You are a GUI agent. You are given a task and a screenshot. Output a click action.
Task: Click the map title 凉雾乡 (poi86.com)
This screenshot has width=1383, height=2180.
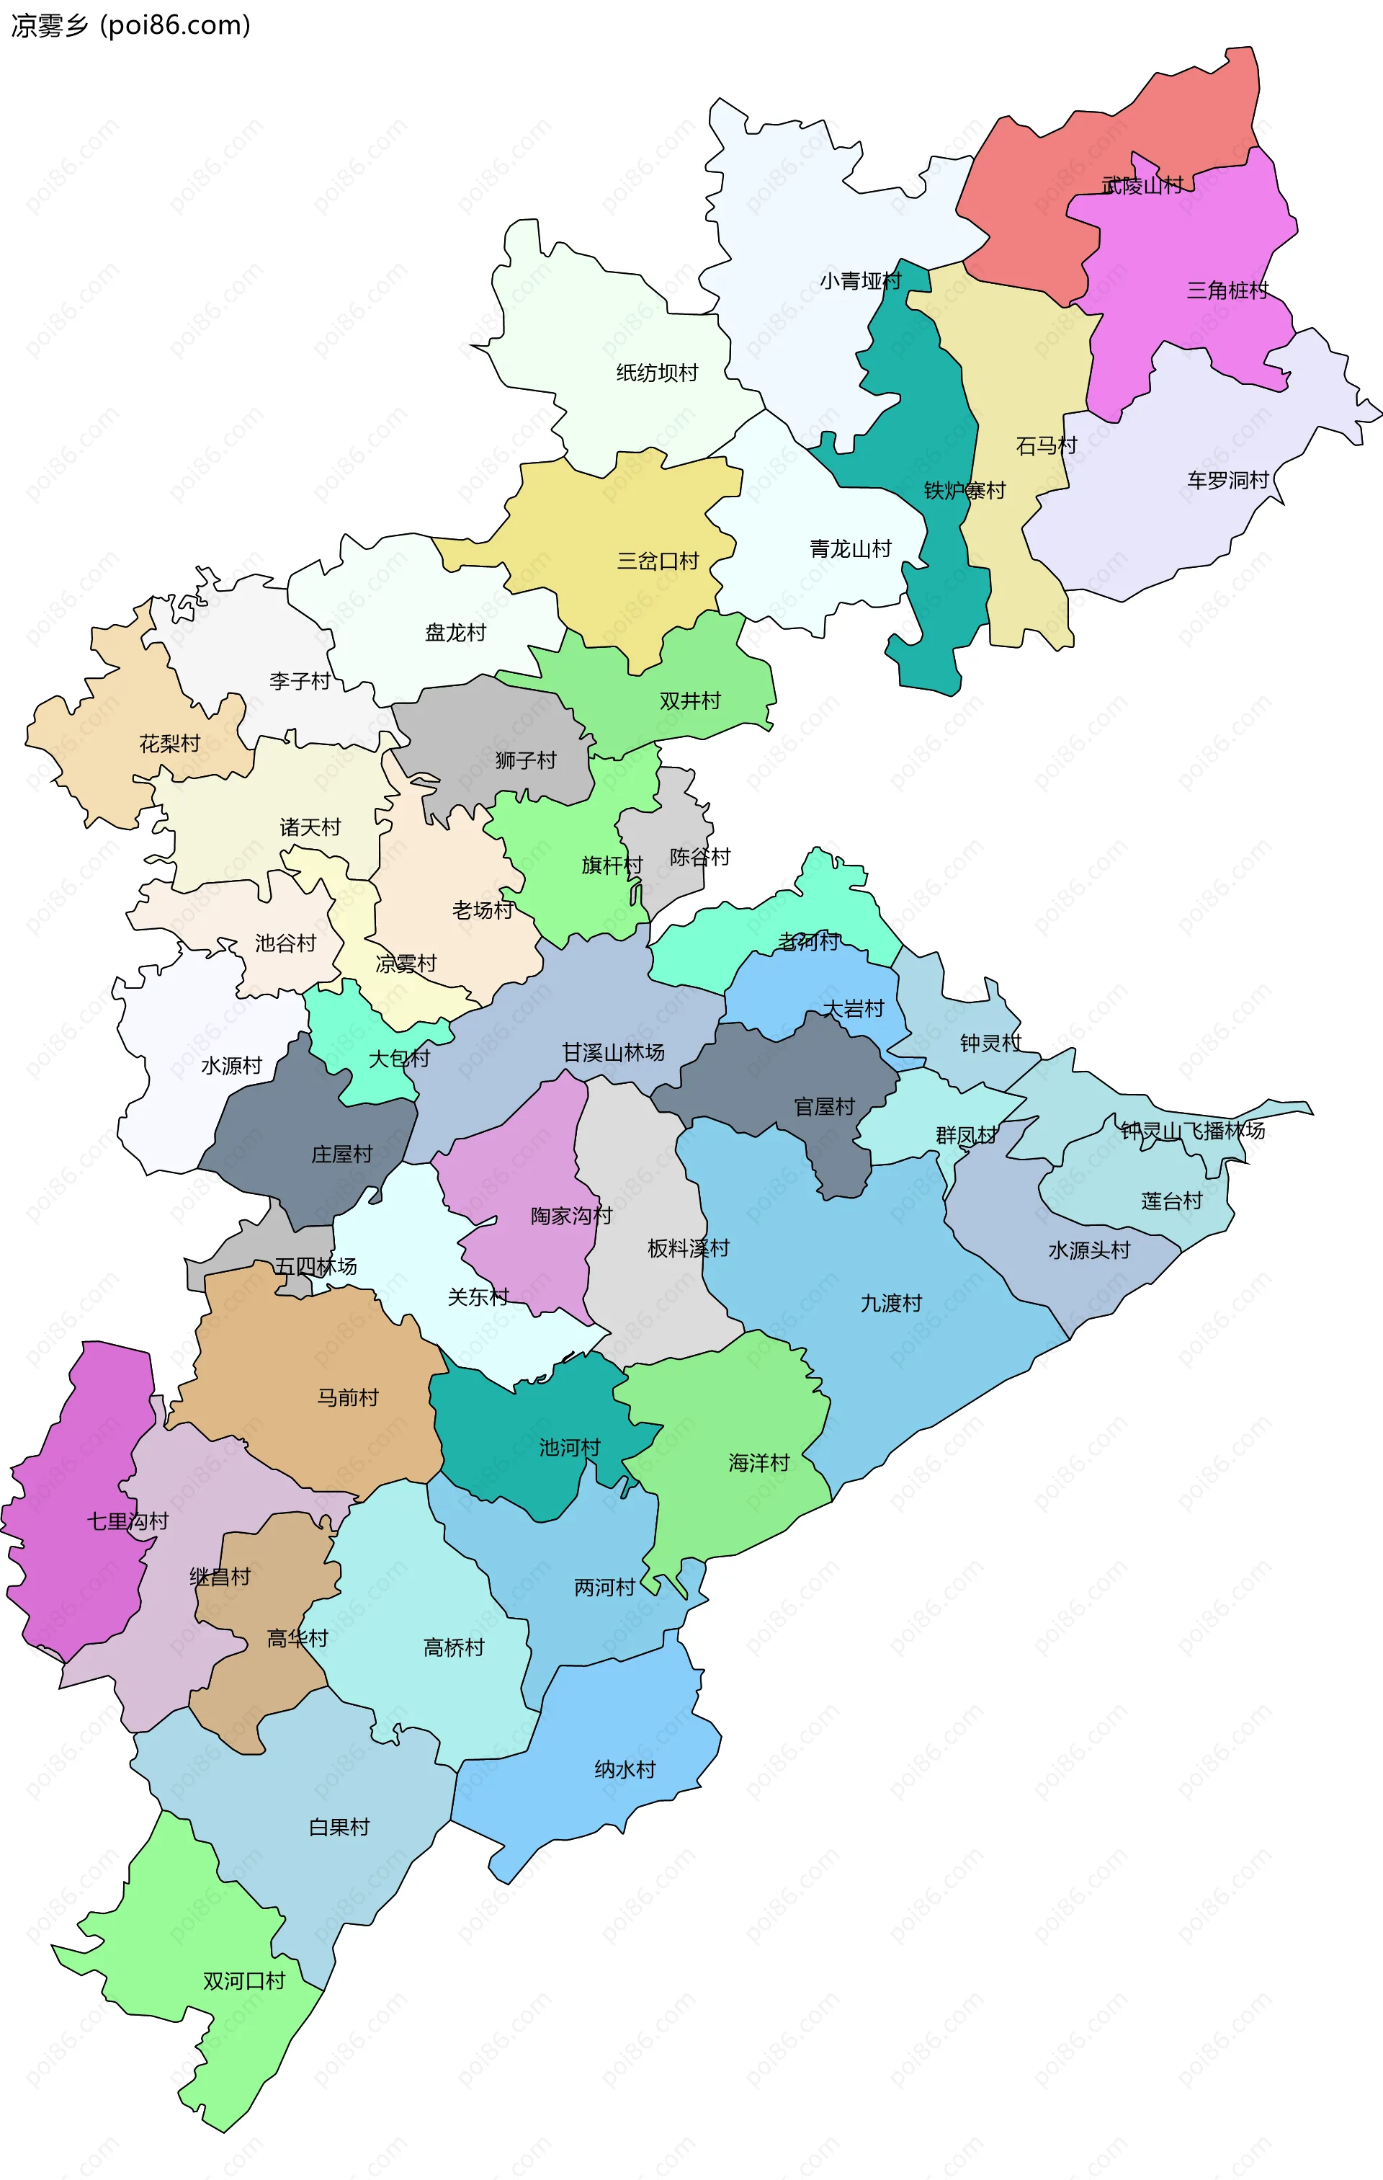[x=130, y=25]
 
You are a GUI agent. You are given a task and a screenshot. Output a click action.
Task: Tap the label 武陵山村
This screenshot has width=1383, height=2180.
[x=1142, y=186]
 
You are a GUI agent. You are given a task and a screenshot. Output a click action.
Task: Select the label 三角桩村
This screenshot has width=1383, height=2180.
[x=1227, y=290]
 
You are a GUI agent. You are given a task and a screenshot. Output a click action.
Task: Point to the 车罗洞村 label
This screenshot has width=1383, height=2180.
[x=1227, y=480]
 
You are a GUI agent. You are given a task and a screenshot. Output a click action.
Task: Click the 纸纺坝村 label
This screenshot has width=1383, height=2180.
[x=657, y=373]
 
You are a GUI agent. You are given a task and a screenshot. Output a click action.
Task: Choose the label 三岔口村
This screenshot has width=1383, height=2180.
[x=658, y=561]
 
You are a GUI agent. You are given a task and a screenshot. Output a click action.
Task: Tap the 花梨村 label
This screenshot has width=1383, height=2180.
[x=169, y=744]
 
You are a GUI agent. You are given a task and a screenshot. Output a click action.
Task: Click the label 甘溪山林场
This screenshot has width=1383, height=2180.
[x=614, y=1053]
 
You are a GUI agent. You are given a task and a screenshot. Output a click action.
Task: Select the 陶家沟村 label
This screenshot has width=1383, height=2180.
[x=571, y=1216]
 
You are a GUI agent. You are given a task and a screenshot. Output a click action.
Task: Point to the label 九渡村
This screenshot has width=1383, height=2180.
[x=890, y=1304]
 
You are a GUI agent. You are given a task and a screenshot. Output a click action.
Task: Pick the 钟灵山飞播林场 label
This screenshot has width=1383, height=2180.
[x=1192, y=1131]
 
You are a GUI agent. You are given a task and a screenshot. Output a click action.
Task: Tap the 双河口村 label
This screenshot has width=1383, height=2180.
[x=243, y=1982]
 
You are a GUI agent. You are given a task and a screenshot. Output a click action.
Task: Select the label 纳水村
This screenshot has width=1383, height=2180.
[x=625, y=1770]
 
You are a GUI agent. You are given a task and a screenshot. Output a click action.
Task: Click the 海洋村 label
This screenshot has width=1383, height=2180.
[x=758, y=1463]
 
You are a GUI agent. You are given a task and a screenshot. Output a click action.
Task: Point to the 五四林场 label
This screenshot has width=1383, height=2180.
[x=316, y=1266]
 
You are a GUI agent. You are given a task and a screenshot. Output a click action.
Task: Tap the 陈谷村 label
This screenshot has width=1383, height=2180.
[x=699, y=858]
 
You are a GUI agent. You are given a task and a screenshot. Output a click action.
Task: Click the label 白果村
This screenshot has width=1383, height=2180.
[x=339, y=1828]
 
